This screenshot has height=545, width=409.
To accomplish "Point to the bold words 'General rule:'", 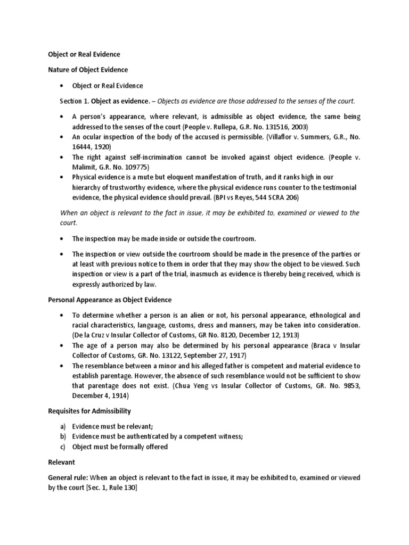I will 64,478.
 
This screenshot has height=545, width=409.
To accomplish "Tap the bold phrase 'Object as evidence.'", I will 120,101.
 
